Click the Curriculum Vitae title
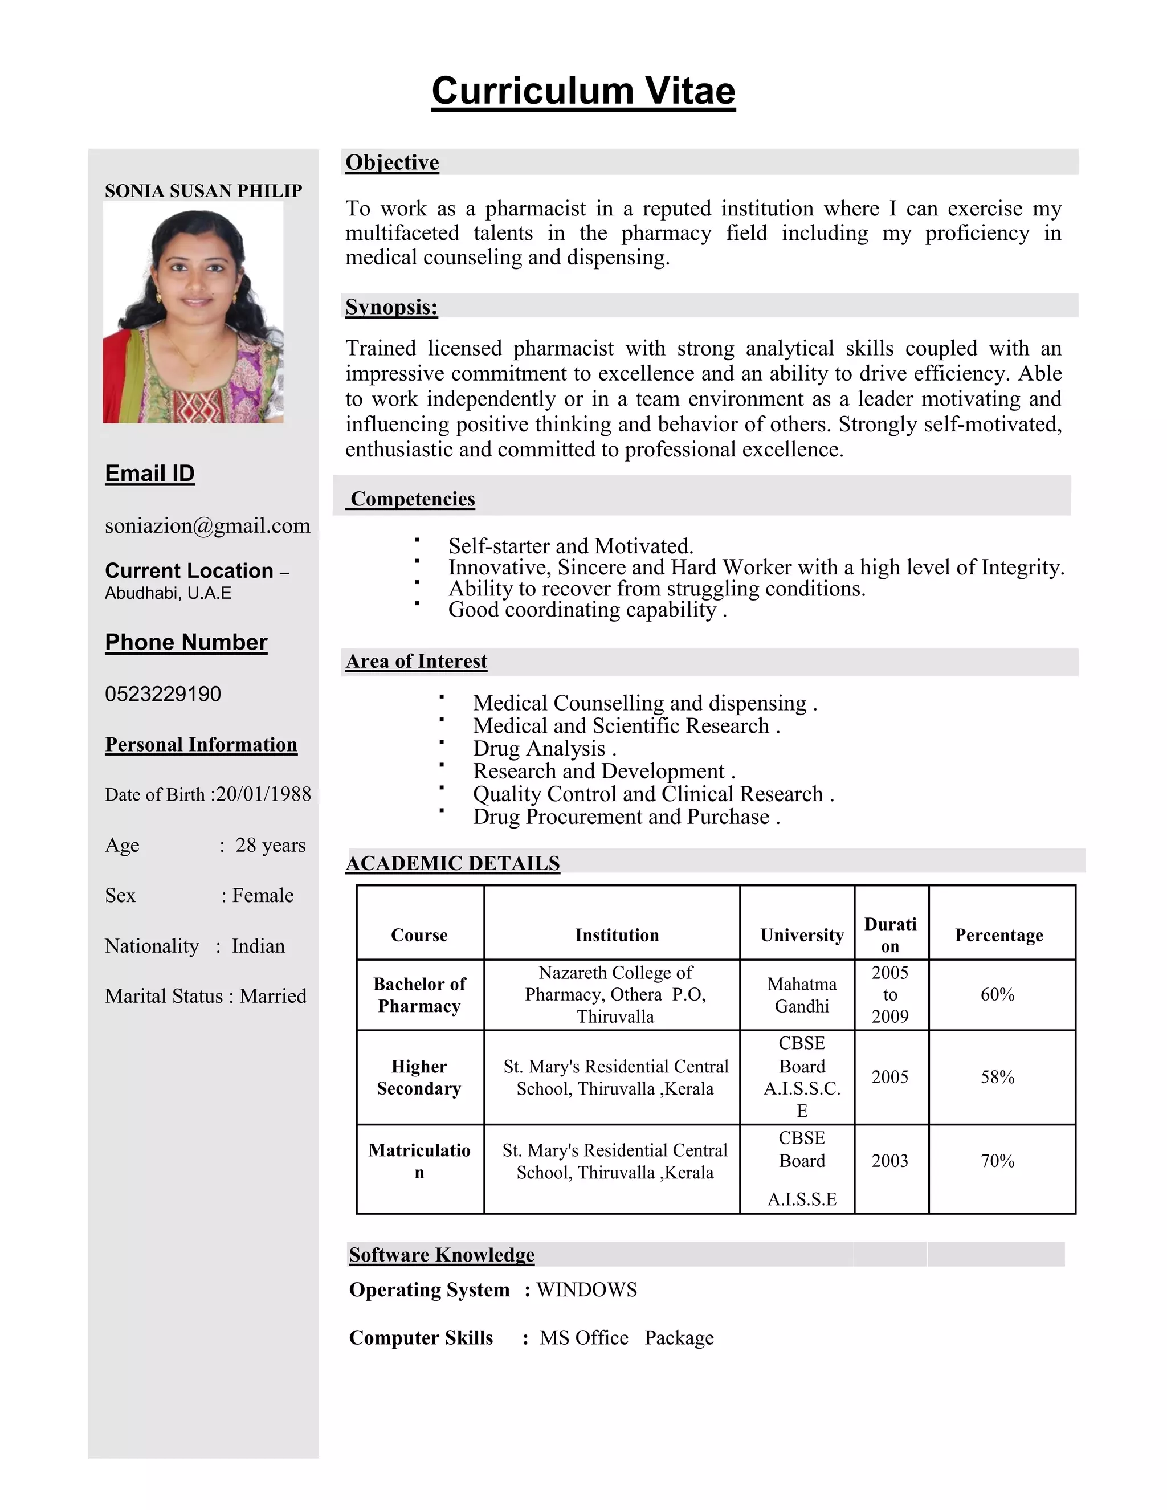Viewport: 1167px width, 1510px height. coord(583,91)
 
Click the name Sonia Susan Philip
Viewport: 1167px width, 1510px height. coord(203,191)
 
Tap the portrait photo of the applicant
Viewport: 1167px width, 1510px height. coord(193,312)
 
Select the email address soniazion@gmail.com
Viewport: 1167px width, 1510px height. coord(207,525)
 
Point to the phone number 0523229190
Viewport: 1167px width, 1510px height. coord(162,693)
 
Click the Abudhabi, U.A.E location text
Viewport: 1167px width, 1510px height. coord(168,593)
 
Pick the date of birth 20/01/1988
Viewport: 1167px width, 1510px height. coord(264,794)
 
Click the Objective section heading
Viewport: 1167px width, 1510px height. coord(392,162)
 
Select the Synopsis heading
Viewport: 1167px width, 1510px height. coord(391,307)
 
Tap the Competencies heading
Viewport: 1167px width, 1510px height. coord(413,499)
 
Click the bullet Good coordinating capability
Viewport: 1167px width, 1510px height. coord(586,610)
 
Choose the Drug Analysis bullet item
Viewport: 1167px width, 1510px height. coord(544,748)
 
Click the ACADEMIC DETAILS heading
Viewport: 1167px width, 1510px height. coord(453,863)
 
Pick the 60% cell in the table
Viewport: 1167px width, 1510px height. coord(997,994)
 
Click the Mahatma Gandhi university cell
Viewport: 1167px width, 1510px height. coord(801,995)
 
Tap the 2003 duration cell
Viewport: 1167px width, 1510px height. coord(889,1160)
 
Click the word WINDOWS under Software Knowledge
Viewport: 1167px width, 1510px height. coord(586,1289)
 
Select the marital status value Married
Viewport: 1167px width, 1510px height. coord(273,995)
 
